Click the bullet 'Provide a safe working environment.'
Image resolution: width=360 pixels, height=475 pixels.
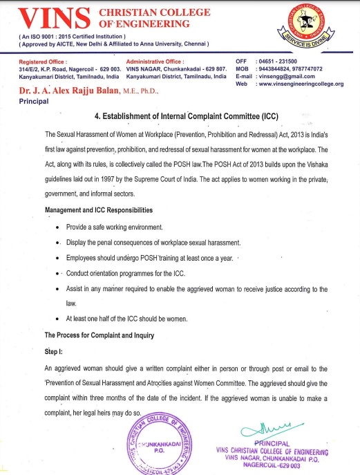(115, 227)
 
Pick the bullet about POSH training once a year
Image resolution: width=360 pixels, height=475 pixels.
(150, 257)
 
